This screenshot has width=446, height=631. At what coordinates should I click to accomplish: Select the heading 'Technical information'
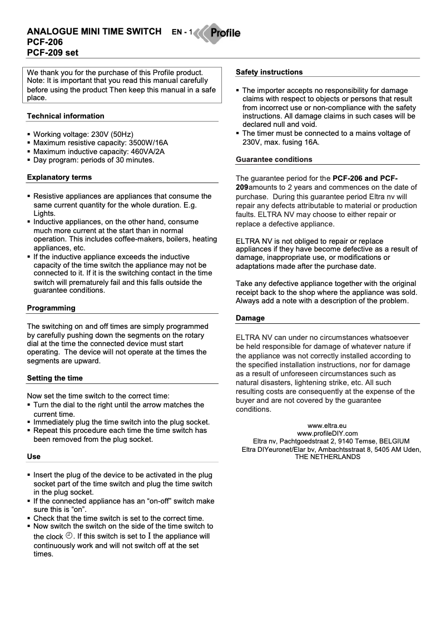click(66, 116)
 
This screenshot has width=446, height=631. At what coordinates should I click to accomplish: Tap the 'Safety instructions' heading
click(269, 72)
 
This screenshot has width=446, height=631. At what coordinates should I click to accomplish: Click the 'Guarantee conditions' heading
click(274, 160)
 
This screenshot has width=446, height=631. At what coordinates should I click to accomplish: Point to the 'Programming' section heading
click(51, 308)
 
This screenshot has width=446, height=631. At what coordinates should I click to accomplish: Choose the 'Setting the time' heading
click(55, 378)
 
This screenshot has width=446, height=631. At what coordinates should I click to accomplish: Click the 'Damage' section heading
click(250, 318)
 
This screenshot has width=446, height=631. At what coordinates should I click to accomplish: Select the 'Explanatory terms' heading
click(60, 178)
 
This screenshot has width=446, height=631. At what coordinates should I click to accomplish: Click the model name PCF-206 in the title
click(45, 42)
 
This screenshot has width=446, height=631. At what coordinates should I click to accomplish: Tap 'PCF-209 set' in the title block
click(53, 53)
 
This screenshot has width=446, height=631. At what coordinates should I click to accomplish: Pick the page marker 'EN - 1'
click(182, 33)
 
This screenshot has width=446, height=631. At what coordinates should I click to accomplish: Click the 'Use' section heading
click(34, 457)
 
